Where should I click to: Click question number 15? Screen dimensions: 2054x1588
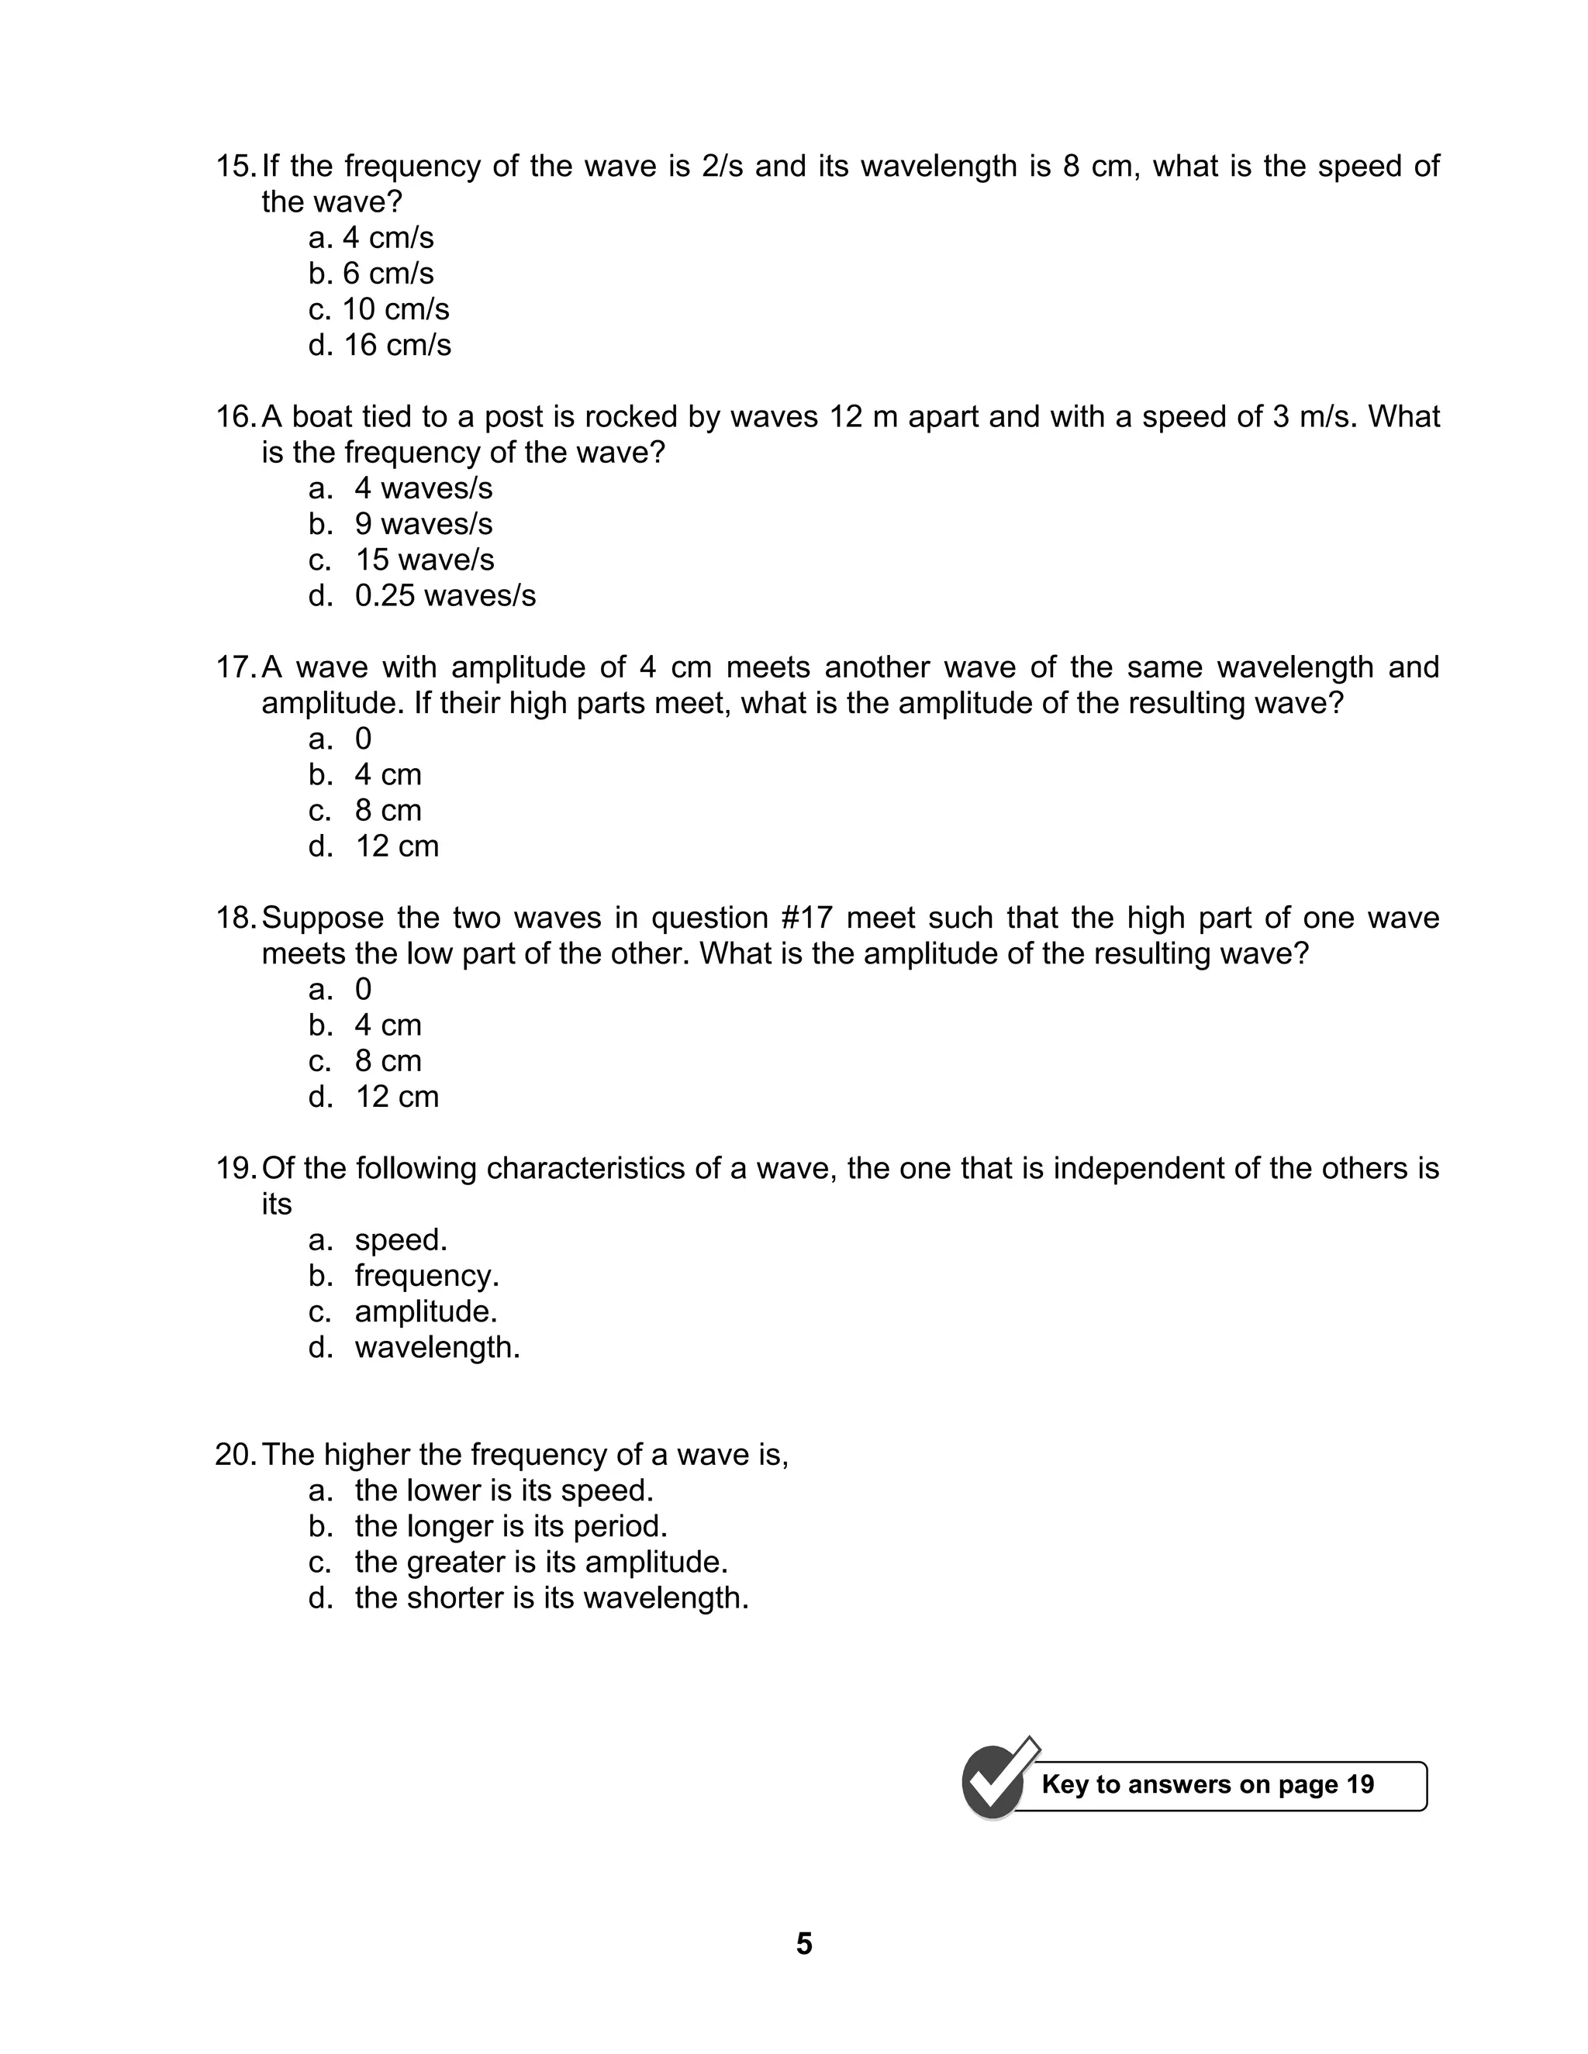coord(234,167)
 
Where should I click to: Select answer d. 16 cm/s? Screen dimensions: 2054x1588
coord(379,345)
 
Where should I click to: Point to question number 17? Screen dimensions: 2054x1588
coord(234,667)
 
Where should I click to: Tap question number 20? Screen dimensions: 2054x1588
coord(234,1455)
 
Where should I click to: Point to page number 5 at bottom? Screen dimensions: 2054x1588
coord(803,1944)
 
